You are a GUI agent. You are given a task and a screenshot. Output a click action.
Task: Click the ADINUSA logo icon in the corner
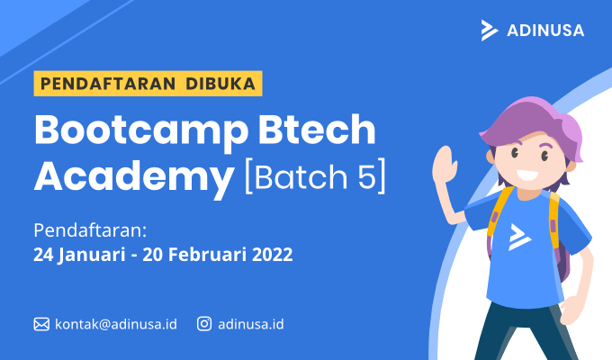[489, 30]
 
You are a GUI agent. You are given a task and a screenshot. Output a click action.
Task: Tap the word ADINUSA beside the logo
[544, 31]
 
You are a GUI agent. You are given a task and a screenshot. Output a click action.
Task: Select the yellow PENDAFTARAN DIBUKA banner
[148, 84]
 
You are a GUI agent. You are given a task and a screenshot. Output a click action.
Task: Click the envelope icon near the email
[41, 324]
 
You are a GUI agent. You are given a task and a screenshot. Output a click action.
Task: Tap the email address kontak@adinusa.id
[115, 324]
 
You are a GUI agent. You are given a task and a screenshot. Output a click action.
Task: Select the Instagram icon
[205, 324]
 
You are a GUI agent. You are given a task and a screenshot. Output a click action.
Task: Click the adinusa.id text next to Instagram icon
[251, 324]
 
